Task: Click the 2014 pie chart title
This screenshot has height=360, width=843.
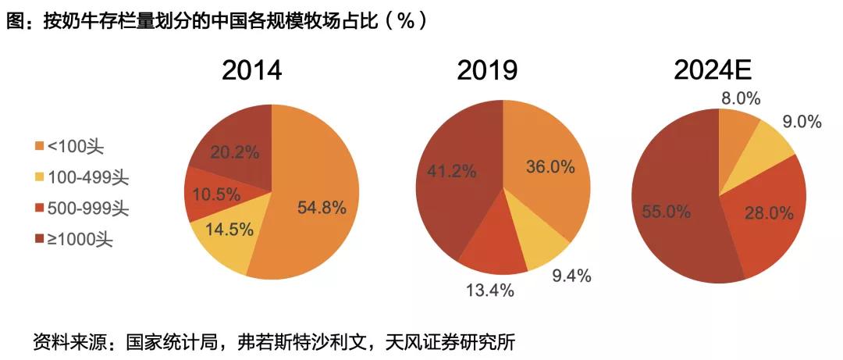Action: point(251,71)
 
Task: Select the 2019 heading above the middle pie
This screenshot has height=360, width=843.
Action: point(487,71)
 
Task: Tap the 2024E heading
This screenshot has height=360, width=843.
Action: point(713,71)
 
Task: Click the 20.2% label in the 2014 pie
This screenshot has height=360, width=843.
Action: point(234,152)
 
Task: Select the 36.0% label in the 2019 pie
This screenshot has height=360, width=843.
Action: point(550,166)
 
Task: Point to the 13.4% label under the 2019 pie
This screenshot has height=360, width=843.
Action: point(489,291)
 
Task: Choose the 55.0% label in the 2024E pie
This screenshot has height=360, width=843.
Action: point(667,211)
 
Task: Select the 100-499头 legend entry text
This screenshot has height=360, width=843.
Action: point(87,178)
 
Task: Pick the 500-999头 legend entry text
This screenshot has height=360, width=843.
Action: point(87,209)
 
